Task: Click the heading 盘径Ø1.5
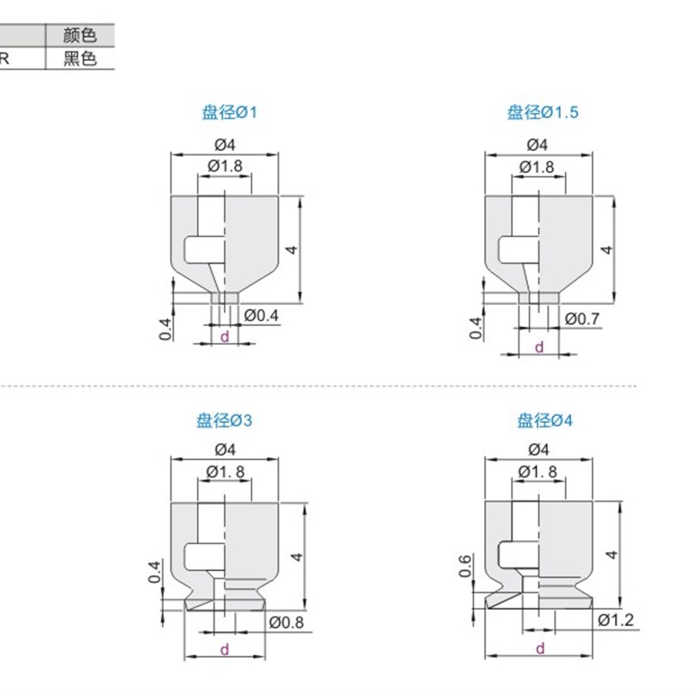543,112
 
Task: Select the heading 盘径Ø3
224,421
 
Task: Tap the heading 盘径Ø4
544,421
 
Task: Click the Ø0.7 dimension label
582,319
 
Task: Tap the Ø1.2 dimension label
615,620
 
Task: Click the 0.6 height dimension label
465,567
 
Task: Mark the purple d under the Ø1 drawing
225,337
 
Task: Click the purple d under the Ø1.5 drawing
540,347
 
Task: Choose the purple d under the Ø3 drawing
225,649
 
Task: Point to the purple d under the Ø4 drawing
540,649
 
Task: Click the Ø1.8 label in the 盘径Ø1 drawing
225,166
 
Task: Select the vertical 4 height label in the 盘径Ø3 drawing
295,557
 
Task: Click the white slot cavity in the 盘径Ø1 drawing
203,251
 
